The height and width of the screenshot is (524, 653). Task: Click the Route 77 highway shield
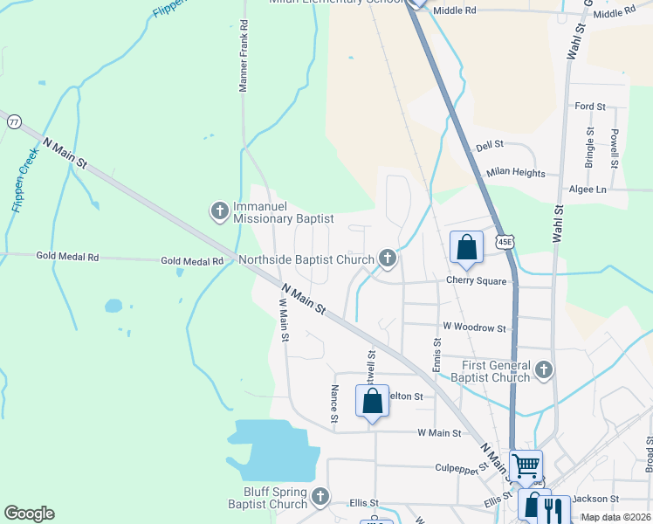tap(13, 123)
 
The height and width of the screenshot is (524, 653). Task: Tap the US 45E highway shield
tap(505, 240)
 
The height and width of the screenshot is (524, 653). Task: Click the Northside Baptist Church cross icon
tap(388, 259)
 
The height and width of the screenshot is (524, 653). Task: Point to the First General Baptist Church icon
tap(544, 369)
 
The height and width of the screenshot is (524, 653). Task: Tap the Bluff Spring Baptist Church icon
tap(320, 497)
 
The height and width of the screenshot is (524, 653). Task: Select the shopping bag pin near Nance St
tap(372, 402)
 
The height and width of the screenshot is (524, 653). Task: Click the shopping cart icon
tap(526, 465)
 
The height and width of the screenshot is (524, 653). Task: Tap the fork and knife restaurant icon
tap(553, 509)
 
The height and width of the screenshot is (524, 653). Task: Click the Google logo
tap(29, 514)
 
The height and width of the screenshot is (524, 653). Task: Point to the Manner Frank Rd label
tap(244, 58)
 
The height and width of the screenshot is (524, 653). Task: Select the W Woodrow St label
tap(474, 327)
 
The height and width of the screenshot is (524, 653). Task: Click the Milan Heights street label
tap(516, 173)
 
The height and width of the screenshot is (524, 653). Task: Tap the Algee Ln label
tap(587, 190)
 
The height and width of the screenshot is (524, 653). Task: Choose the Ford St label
tap(590, 107)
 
